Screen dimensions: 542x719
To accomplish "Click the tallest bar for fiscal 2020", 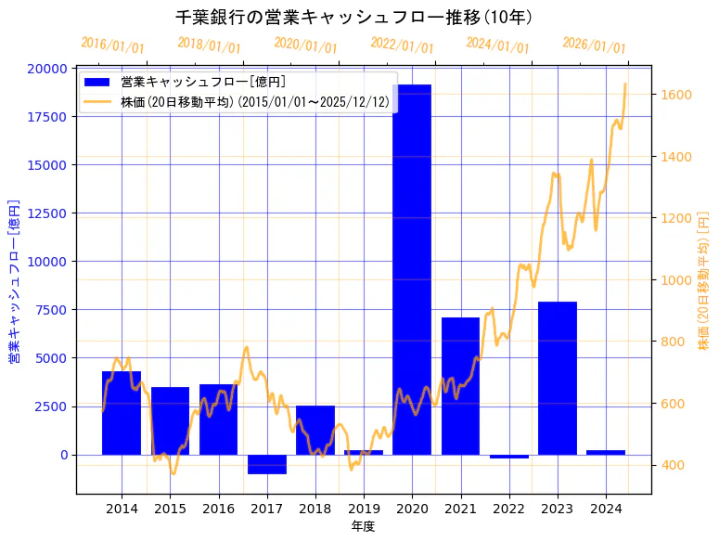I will pyautogui.click(x=412, y=269).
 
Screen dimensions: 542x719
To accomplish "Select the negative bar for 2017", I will pyautogui.click(x=267, y=464).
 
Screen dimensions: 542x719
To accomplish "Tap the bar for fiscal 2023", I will pyautogui.click(x=558, y=378).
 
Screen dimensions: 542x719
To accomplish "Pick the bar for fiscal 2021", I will pyautogui.click(x=460, y=386).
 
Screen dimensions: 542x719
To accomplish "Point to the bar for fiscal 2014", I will pyautogui.click(x=122, y=413).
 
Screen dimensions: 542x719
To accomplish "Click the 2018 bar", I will pyautogui.click(x=315, y=430).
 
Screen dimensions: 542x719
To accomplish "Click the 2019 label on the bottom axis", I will pyautogui.click(x=364, y=509).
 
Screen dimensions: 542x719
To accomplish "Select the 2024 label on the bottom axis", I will pyautogui.click(x=606, y=509).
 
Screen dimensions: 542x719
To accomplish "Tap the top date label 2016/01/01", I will pyautogui.click(x=112, y=45).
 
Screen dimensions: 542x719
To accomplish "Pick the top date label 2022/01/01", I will pyautogui.click(x=402, y=45).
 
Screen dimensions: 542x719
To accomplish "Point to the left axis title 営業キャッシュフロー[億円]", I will pyautogui.click(x=14, y=280).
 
